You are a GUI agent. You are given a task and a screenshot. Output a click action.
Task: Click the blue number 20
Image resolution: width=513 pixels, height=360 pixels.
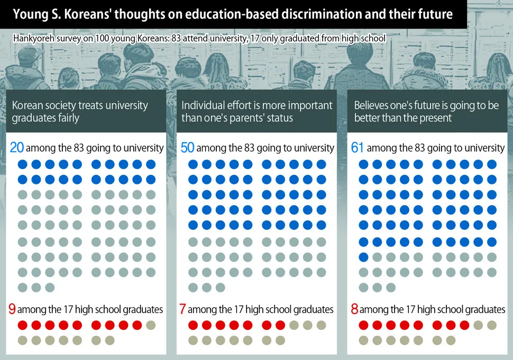pos(17,147)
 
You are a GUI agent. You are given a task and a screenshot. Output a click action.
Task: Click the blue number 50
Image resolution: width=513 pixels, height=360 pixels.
pos(187,147)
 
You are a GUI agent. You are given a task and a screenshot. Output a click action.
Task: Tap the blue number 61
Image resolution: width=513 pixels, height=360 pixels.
pos(358,147)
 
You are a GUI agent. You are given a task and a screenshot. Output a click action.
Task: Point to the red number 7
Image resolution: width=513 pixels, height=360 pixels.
pos(182,309)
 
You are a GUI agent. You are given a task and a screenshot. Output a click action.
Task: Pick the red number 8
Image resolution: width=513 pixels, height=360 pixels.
pos(354,309)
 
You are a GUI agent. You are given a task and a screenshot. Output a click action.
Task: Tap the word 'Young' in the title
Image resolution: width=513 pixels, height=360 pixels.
pos(29,14)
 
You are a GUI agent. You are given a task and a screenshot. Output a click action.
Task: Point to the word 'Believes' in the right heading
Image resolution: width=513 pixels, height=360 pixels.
pos(372,105)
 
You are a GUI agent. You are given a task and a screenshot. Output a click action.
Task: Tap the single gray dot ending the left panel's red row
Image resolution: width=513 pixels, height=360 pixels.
pos(151,325)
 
